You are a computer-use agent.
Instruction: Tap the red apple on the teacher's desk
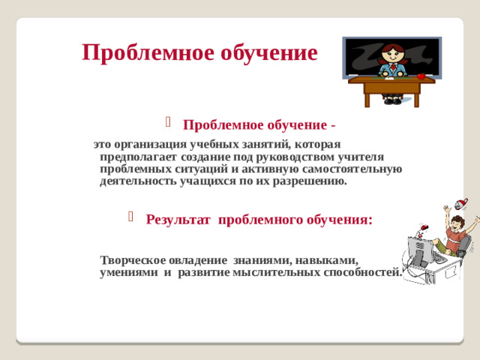coord(421,76)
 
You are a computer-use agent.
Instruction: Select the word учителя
coord(360,157)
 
